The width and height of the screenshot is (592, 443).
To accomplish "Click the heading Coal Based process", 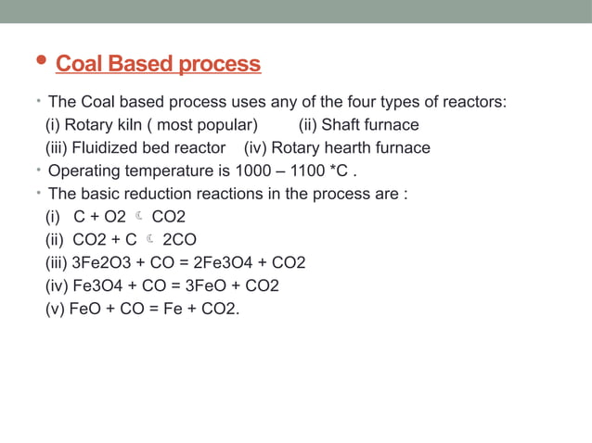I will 159,65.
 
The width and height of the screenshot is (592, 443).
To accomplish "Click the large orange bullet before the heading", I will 37,63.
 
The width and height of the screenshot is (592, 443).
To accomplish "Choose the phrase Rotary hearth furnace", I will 351,147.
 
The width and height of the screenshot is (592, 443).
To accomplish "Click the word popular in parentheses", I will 224,124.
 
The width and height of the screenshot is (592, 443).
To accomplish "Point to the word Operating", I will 84,171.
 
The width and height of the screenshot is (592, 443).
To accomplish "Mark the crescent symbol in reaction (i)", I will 136,217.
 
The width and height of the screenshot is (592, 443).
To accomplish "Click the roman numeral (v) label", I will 56,309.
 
